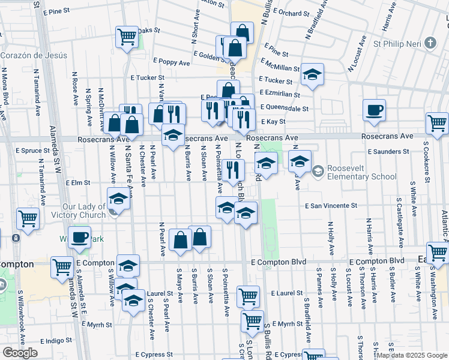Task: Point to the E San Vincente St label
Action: (331, 206)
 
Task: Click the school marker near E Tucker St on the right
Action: (312, 74)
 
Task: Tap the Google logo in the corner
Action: (19, 353)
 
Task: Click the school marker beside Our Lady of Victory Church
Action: (118, 199)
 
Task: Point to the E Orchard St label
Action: (291, 12)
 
